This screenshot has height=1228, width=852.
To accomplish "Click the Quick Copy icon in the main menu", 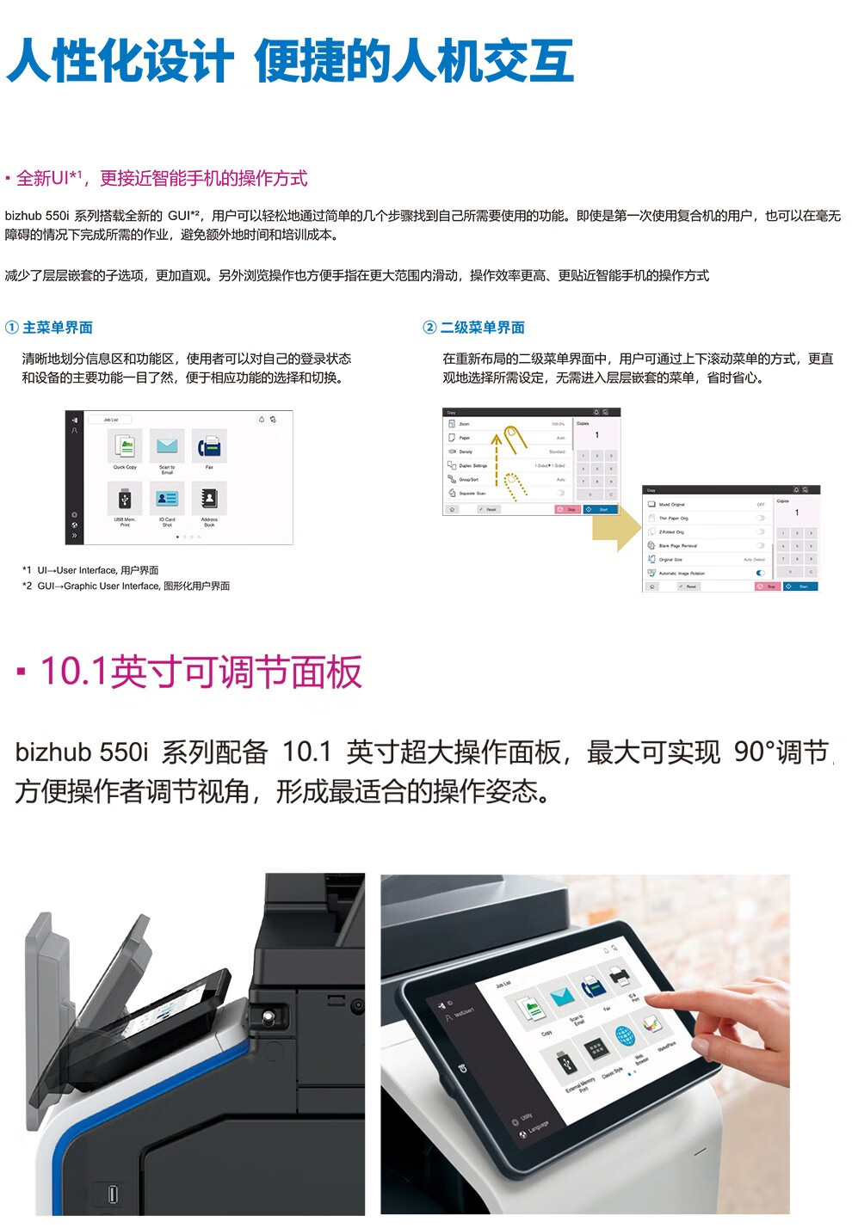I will pyautogui.click(x=125, y=446).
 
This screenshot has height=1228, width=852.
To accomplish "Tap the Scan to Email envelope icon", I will pyautogui.click(x=167, y=446).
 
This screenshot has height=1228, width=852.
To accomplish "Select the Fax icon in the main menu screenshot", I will pyautogui.click(x=209, y=446).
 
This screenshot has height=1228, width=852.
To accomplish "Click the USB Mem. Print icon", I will pyautogui.click(x=125, y=498).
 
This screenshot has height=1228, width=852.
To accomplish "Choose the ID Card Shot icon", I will pyautogui.click(x=167, y=498).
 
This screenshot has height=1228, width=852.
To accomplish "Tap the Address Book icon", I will pyautogui.click(x=209, y=498).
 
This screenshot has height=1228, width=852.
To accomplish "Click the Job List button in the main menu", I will pyautogui.click(x=111, y=420).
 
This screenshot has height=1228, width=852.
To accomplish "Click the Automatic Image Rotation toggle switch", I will pyautogui.click(x=760, y=573).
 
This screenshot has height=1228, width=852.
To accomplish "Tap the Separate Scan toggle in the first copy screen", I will pyautogui.click(x=560, y=493).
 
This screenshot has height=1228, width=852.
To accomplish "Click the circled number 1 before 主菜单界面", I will pyautogui.click(x=12, y=328).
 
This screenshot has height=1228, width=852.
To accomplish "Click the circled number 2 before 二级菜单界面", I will pyautogui.click(x=429, y=328).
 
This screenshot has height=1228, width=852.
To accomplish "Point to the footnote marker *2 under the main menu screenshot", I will pyautogui.click(x=28, y=586).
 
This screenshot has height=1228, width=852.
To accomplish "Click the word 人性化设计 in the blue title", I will pyautogui.click(x=120, y=61).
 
